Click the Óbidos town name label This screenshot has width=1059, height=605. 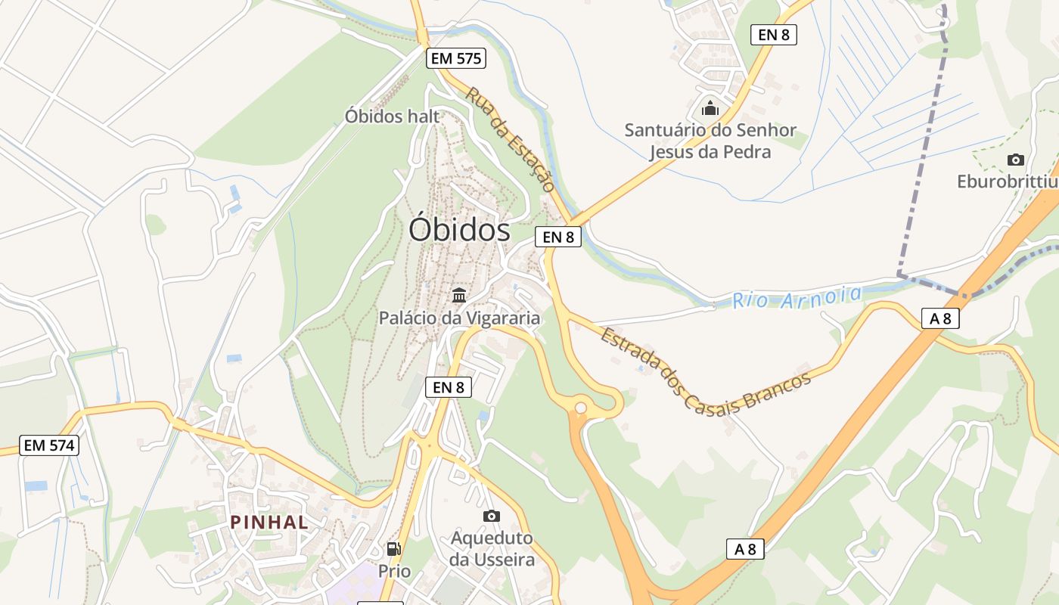point(459,229)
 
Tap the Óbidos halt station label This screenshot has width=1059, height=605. point(392,116)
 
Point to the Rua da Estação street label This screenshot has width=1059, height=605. point(510,140)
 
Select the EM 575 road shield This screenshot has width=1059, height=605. point(455,58)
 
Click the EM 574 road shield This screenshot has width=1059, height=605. point(49,445)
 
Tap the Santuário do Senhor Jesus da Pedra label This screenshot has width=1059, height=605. point(710,141)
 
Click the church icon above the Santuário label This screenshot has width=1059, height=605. point(710,108)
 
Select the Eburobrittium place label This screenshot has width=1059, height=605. point(1007,181)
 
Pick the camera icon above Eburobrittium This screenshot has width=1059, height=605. point(1015,160)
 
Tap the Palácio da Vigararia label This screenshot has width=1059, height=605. point(459,318)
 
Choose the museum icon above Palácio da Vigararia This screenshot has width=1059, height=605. point(459,295)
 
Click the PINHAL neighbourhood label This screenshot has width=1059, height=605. point(269,522)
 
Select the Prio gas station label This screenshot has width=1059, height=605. point(395,571)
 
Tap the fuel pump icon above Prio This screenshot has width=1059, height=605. point(393,549)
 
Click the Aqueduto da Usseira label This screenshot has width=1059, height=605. point(492,549)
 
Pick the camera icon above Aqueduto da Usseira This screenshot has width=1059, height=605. point(492,516)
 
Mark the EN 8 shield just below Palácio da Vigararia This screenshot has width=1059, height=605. point(448,387)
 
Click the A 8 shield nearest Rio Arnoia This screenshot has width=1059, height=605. point(940,318)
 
